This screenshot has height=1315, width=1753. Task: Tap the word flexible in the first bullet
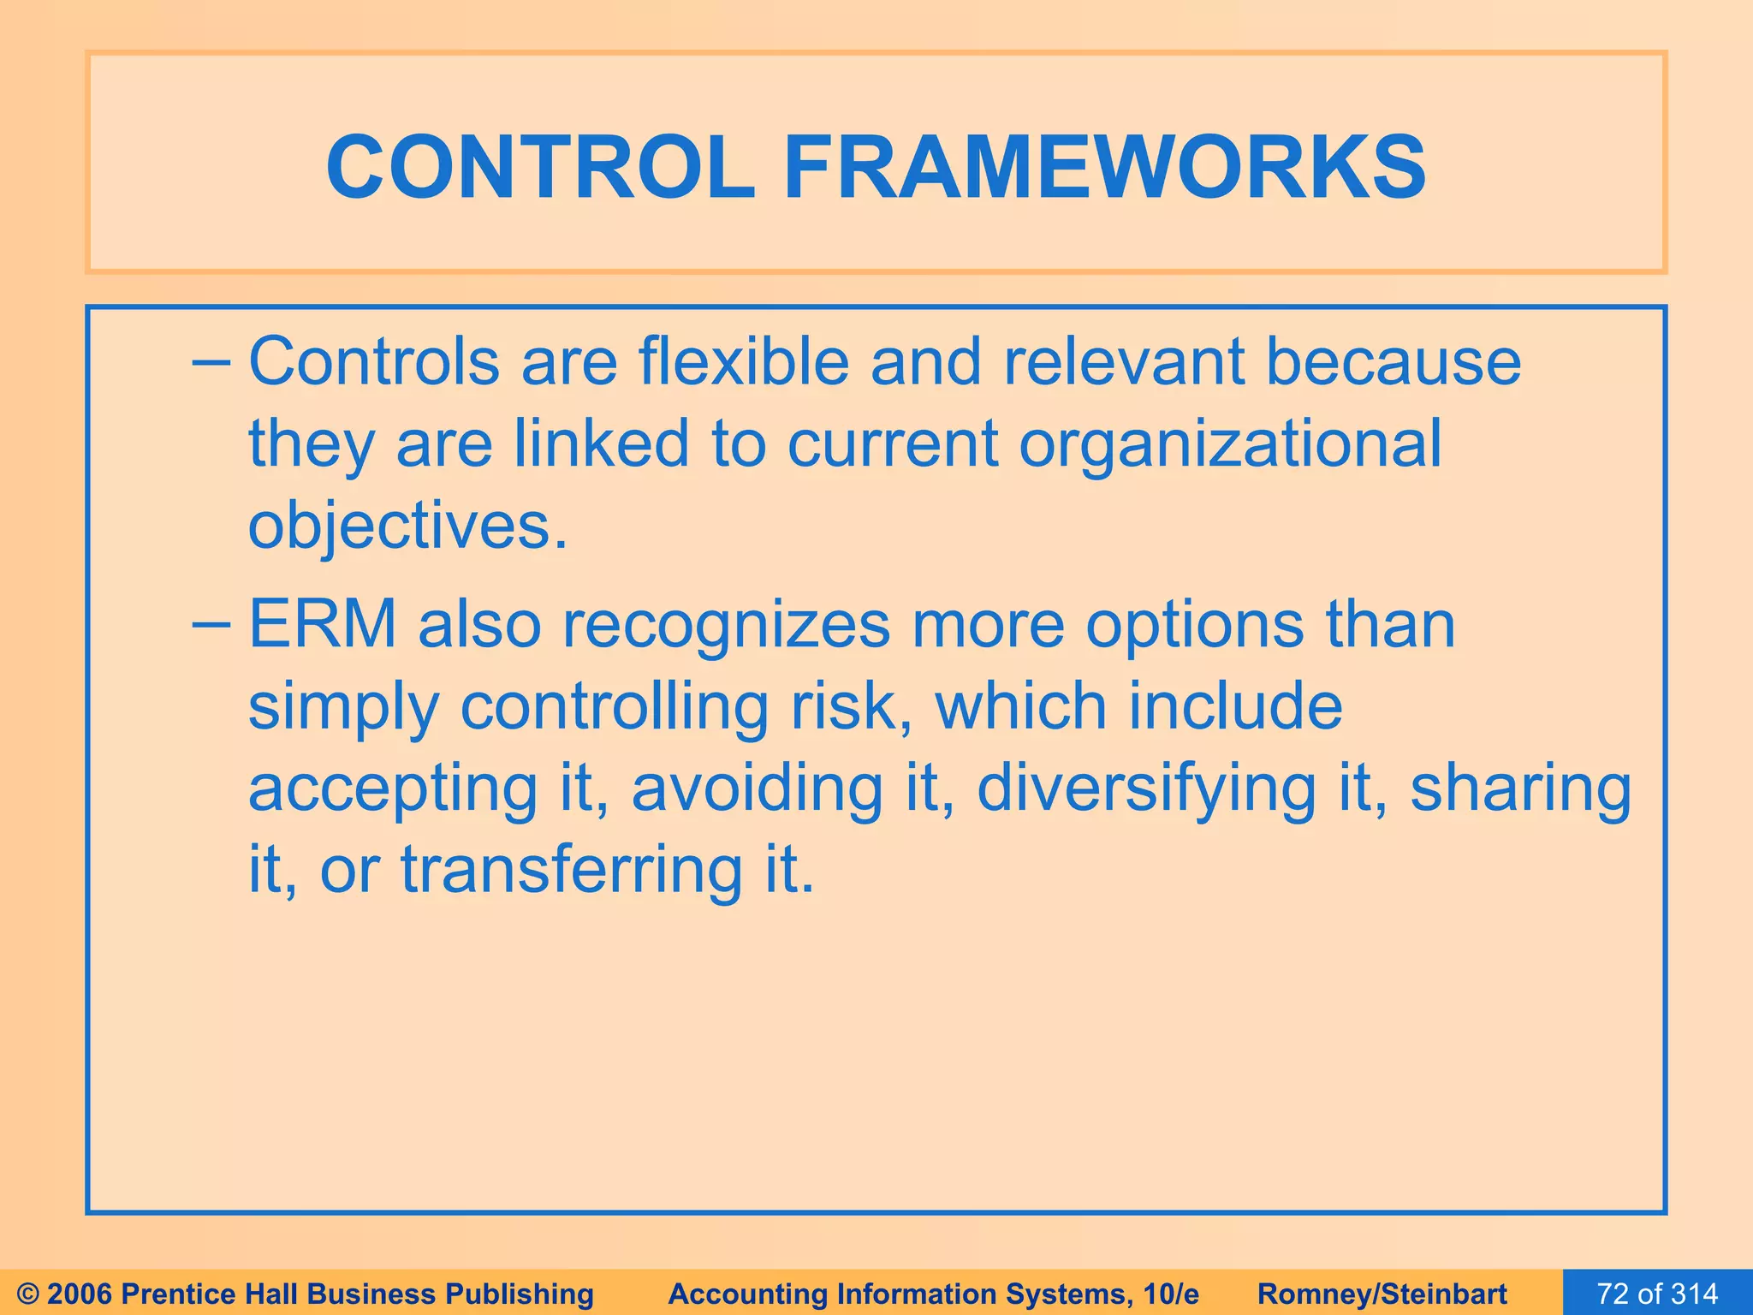[x=743, y=363]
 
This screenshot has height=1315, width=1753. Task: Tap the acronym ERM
[x=322, y=625]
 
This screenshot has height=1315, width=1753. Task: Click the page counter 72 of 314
[x=1657, y=1294]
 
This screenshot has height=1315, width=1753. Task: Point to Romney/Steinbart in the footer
[x=1382, y=1294]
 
